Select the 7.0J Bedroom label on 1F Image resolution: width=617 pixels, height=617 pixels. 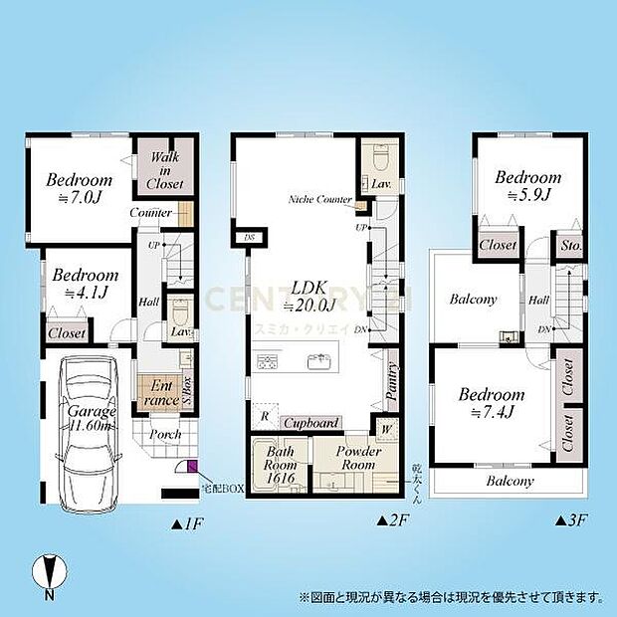pos(79,189)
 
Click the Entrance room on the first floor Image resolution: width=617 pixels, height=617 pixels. pos(158,391)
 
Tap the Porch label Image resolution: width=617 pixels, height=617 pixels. pos(165,434)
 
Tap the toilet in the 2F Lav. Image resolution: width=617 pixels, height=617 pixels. pos(380,158)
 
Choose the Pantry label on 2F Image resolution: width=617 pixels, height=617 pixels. pos(391,380)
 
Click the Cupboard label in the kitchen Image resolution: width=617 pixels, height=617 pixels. pos(312,423)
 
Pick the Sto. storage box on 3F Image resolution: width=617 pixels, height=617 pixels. pos(570,245)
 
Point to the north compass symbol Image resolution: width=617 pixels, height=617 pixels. pos(49,575)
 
